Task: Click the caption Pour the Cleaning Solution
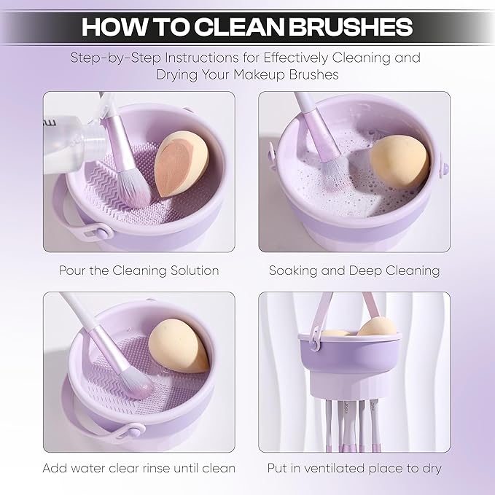(x=139, y=270)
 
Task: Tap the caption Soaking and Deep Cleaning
(x=354, y=270)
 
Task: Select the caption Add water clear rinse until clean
(x=139, y=467)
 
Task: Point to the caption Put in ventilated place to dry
(x=354, y=467)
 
